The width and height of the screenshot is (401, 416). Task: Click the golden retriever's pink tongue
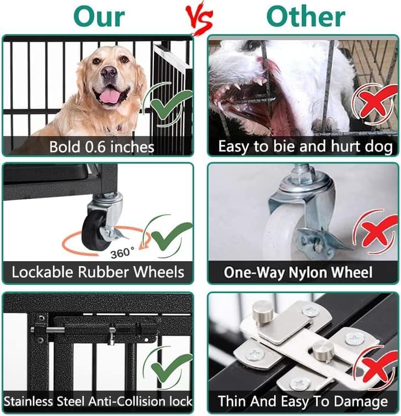(109, 96)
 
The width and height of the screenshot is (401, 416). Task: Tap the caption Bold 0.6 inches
(102, 147)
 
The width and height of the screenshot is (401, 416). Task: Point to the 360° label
(122, 253)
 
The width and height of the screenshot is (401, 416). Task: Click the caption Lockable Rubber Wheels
(98, 272)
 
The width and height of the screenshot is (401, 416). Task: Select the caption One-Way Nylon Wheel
(298, 272)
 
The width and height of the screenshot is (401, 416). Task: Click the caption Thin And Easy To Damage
(302, 401)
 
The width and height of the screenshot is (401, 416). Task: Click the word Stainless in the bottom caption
(28, 401)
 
